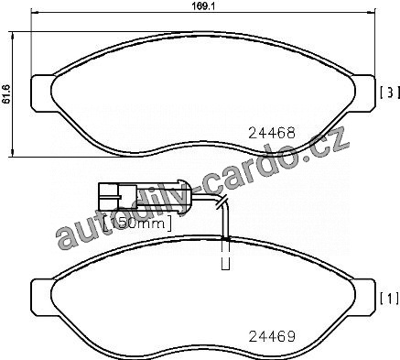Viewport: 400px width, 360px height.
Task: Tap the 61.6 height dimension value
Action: click(6, 94)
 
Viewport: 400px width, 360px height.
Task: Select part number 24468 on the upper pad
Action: click(272, 133)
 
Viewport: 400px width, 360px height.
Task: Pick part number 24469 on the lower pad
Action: click(272, 336)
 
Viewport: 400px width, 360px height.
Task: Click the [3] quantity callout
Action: click(390, 93)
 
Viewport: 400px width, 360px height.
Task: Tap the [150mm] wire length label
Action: click(137, 224)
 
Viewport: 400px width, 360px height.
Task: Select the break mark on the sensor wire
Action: click(222, 202)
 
